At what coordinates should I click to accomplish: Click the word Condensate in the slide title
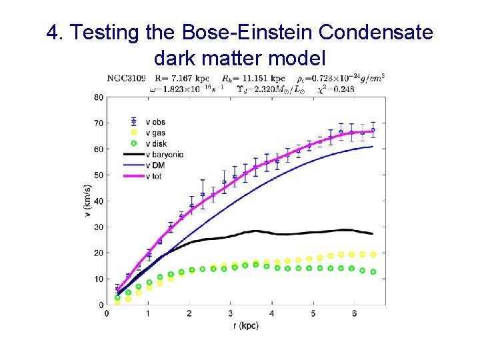[378, 32]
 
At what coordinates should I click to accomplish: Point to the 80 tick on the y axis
[99, 97]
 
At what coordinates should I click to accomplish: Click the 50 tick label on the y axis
[99, 175]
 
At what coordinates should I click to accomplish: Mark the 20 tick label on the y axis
[99, 253]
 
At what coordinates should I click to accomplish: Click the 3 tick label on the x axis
[231, 313]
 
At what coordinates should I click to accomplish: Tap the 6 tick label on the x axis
[353, 313]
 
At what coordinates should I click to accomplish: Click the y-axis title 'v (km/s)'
[87, 201]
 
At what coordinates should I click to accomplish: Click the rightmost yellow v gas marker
[373, 254]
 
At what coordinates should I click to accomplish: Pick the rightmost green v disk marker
[373, 271]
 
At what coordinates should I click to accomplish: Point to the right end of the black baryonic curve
[372, 233]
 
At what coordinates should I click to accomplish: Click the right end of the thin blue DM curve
[372, 147]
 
